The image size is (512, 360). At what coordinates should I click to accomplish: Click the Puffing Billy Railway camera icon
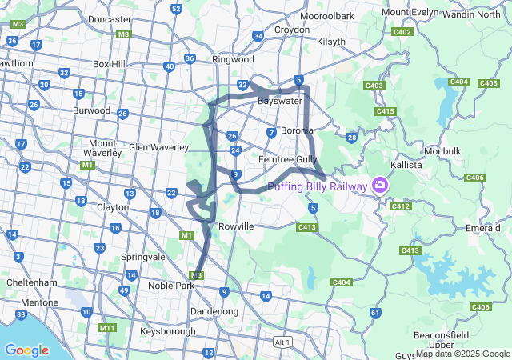click(379, 186)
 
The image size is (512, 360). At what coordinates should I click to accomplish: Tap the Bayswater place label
click(279, 102)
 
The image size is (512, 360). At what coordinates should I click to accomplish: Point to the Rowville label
click(235, 226)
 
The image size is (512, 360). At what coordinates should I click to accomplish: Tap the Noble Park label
click(171, 286)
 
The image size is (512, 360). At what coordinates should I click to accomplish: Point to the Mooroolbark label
click(326, 16)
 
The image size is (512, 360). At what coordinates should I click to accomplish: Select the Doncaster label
click(110, 19)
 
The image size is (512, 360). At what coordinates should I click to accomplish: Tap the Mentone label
click(42, 302)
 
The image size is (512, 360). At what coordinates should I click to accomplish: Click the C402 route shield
click(402, 32)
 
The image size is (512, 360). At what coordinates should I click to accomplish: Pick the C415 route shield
click(385, 111)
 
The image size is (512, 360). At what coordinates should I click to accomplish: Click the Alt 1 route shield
click(282, 342)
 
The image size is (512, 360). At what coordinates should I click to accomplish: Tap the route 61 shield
click(375, 313)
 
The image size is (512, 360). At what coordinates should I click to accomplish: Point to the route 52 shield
click(176, 9)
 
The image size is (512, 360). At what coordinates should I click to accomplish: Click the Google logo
click(26, 350)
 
